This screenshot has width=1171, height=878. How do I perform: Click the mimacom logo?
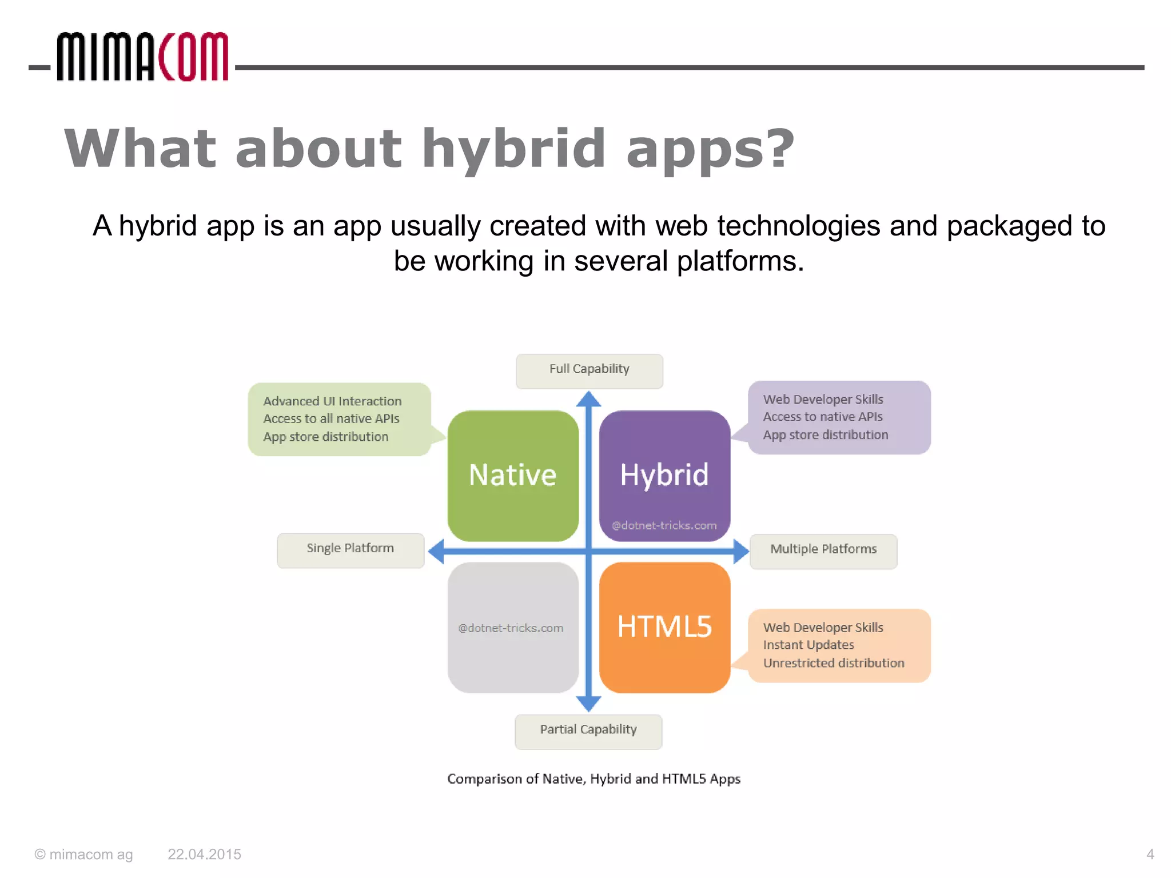142,57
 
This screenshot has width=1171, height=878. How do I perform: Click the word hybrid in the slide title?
513,149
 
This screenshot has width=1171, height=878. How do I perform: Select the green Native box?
513,476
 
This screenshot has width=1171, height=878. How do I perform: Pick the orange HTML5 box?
664,627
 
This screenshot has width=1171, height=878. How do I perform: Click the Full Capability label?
589,370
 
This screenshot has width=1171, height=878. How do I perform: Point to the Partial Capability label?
588,731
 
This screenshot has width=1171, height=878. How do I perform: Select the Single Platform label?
350,549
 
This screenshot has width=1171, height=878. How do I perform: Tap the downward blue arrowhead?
588,704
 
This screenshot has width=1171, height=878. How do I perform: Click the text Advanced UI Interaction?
332,401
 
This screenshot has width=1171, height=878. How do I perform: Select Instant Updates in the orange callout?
808,645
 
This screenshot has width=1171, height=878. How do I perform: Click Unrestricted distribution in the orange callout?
833,664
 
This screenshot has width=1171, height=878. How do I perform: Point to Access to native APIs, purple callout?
822,417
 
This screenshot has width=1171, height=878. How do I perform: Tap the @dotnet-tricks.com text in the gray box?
510,628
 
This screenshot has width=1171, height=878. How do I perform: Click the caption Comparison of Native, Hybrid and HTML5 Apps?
594,779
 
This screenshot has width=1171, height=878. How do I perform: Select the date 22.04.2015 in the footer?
204,855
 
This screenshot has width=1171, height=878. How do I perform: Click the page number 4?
1150,855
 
